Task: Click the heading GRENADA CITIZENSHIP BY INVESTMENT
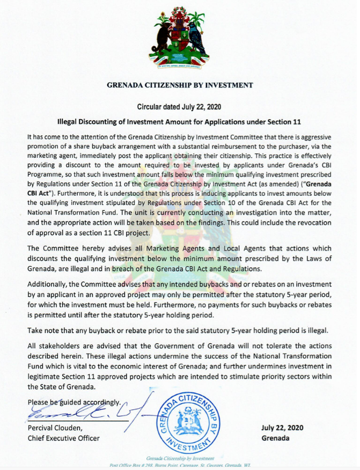coord(180,85)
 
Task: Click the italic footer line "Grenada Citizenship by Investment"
coord(180,459)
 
